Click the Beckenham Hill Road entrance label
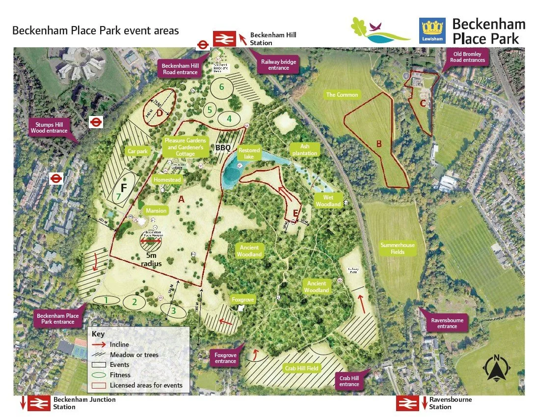click(180, 69)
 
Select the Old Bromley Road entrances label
click(467, 57)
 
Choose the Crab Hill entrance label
click(349, 381)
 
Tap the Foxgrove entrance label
click(225, 358)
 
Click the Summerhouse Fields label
click(398, 249)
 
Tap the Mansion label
click(156, 210)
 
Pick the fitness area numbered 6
click(222, 87)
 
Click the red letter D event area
click(160, 113)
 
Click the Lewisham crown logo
click(432, 30)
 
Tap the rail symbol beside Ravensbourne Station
click(408, 403)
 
